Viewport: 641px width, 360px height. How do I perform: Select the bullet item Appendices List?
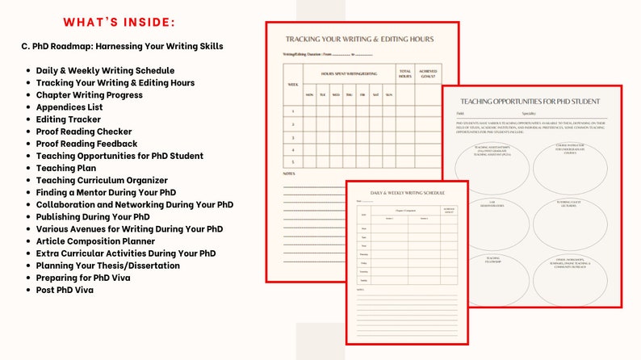pyautogui.click(x=75, y=107)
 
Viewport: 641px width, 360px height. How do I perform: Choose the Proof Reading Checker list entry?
pyautogui.click(x=83, y=131)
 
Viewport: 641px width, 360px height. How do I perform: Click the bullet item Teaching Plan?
pyautogui.click(x=66, y=168)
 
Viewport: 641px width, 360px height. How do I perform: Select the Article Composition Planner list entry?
pyautogui.click(x=94, y=241)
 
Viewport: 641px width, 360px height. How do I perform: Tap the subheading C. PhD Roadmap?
pyautogui.click(x=122, y=46)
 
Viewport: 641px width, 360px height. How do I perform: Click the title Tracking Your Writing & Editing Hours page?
pyautogui.click(x=359, y=39)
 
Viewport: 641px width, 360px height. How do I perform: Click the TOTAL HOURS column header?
pyautogui.click(x=404, y=74)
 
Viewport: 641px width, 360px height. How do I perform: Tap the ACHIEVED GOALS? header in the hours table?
pyautogui.click(x=429, y=74)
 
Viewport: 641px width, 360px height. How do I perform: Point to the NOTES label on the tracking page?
pyautogui.click(x=288, y=174)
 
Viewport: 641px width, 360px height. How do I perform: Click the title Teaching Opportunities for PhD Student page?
pyautogui.click(x=530, y=102)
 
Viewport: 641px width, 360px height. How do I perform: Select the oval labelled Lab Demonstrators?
pyautogui.click(x=492, y=205)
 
